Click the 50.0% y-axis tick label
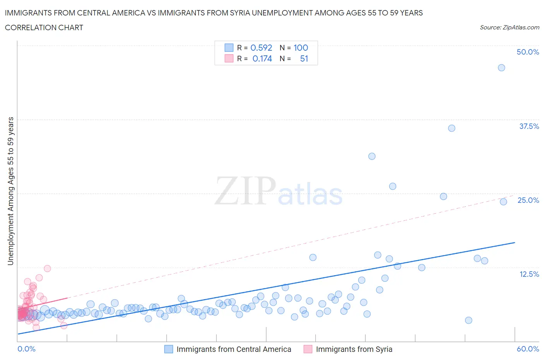(528, 52)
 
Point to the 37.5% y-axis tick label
(529, 126)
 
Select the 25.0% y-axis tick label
(528, 200)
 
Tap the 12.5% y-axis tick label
(529, 274)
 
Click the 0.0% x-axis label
(26, 349)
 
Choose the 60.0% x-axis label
(528, 349)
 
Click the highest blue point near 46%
(501, 68)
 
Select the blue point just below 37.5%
(452, 128)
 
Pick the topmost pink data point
(47, 268)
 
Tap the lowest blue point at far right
(469, 320)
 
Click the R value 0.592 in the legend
(261, 48)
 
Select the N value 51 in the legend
(304, 58)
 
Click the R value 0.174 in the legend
(262, 58)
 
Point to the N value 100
(301, 48)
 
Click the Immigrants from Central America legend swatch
(169, 349)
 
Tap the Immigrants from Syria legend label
(354, 349)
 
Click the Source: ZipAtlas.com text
(509, 27)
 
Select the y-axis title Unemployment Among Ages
(11, 191)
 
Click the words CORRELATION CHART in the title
(44, 27)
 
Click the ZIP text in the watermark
(245, 190)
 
